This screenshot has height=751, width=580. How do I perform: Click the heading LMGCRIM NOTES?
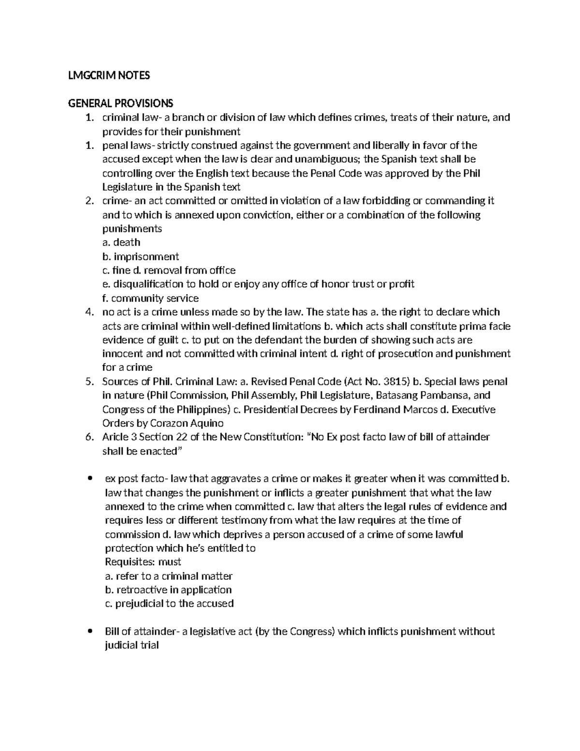[x=109, y=75]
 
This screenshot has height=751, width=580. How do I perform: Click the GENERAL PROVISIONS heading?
[x=120, y=103]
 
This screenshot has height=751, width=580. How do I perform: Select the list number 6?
[x=88, y=437]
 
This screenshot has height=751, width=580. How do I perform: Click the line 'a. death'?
[x=123, y=242]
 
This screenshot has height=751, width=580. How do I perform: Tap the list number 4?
[x=88, y=312]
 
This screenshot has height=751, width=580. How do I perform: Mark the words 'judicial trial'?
[x=132, y=645]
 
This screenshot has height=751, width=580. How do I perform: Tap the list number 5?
[x=88, y=382]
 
